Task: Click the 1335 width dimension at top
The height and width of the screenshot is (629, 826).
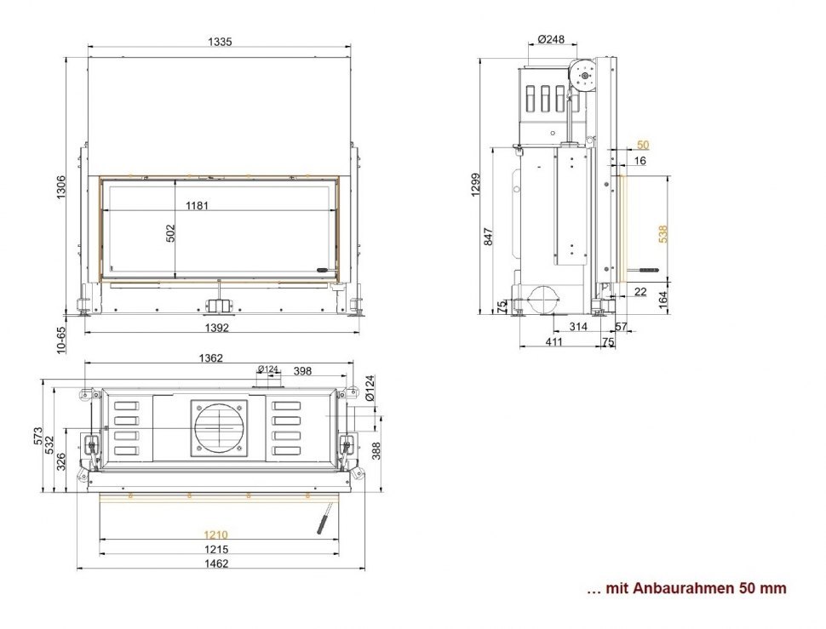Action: point(220,41)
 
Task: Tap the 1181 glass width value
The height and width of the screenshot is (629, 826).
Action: point(198,205)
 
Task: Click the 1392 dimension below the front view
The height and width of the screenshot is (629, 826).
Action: point(218,327)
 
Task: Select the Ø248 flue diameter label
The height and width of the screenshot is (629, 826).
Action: point(551,39)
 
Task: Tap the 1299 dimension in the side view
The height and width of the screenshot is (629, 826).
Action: point(476,185)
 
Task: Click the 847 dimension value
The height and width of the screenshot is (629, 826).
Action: point(488,237)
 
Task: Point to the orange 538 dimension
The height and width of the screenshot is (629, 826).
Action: point(663,233)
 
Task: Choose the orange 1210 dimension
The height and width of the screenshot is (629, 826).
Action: point(215,535)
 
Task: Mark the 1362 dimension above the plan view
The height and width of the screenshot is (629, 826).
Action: point(210,358)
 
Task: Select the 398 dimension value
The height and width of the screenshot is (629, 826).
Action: point(301,370)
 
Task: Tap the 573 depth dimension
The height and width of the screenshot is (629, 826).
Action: point(38,436)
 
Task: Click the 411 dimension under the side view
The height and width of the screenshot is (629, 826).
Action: point(554,342)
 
